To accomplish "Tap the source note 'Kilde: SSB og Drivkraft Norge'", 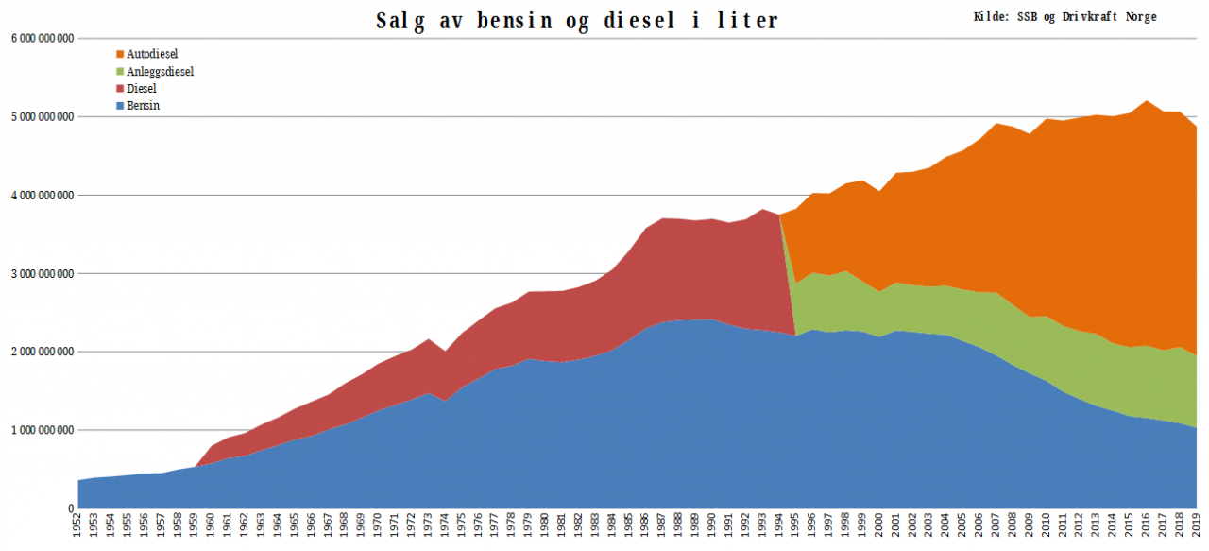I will (1064, 17).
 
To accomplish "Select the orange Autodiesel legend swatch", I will (120, 55).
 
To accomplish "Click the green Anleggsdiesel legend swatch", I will (120, 72).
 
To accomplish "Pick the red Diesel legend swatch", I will (120, 89).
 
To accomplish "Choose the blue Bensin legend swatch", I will (120, 106).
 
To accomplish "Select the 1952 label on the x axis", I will (78, 526).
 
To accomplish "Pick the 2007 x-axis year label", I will (996, 526).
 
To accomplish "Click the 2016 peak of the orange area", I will (1147, 101).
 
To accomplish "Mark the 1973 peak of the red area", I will (428, 339).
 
